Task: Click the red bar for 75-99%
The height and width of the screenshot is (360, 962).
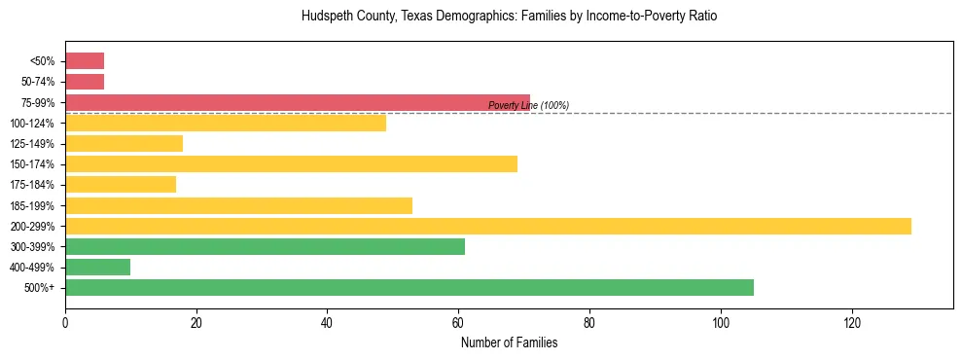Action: [x=297, y=102]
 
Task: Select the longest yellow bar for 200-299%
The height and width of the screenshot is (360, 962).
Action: [x=487, y=226]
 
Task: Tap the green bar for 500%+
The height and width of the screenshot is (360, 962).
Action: [x=409, y=287]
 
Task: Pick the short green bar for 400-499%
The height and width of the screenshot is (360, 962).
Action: [x=97, y=267]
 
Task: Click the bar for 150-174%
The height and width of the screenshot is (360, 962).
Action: [x=291, y=163]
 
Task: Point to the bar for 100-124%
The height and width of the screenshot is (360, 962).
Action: [x=225, y=123]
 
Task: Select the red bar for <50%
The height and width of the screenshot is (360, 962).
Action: [x=85, y=61]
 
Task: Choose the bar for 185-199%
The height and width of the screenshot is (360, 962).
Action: [x=238, y=205]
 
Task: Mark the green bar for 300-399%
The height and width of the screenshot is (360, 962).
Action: [x=265, y=246]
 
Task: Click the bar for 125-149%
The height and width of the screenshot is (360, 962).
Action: [x=124, y=143]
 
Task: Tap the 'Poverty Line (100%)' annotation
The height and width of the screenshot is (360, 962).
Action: [x=528, y=105]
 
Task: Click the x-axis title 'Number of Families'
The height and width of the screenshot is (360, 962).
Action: [x=509, y=342]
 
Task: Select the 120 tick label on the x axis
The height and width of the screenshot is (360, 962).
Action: [x=851, y=322]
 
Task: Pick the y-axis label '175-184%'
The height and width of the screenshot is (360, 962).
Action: [x=33, y=185]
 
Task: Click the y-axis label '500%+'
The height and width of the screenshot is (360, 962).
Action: [x=41, y=288]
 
